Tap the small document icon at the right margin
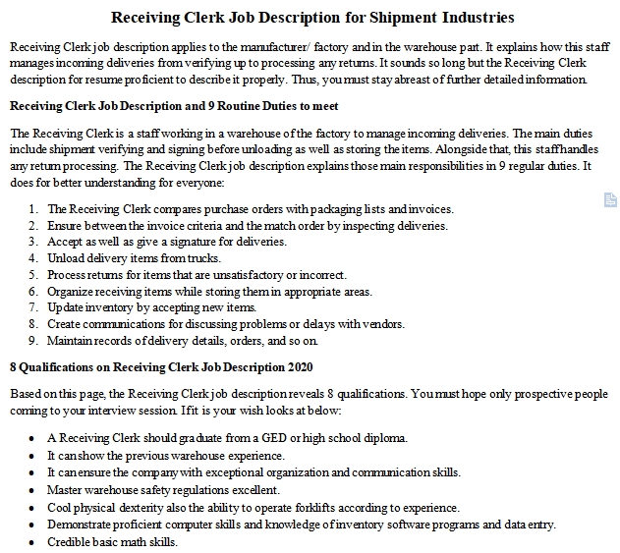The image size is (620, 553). point(610,200)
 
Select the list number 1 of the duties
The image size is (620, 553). point(33,209)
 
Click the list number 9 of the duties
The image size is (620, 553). point(33,341)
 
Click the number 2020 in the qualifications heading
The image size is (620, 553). point(298,367)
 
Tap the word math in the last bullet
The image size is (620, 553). point(135,541)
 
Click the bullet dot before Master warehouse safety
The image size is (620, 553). point(33,490)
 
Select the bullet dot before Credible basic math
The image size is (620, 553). point(33,542)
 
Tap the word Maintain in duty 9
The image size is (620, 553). point(71,341)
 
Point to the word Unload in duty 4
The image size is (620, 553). point(66,258)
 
